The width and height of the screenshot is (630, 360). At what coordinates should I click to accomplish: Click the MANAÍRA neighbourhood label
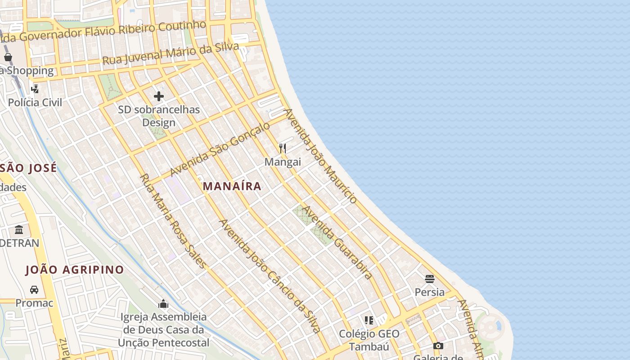coord(232,186)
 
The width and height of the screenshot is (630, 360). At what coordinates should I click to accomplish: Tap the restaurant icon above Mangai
coord(283,148)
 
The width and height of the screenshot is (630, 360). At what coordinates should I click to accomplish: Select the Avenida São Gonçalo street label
coord(220,149)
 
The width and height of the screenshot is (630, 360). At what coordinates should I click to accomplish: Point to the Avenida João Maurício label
coord(320,155)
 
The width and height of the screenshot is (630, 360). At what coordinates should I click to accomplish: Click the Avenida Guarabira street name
coord(337,243)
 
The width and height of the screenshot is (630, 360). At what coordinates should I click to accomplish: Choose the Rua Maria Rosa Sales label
coord(173,221)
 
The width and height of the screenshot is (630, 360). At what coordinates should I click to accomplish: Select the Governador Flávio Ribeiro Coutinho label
coord(108,31)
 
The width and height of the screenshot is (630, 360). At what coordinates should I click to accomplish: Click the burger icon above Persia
coord(430,279)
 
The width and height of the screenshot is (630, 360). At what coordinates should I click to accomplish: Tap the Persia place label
coord(430,292)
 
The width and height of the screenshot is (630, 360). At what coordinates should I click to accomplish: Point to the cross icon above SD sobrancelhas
coord(159,96)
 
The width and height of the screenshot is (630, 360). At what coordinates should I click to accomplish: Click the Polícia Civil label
coord(35,102)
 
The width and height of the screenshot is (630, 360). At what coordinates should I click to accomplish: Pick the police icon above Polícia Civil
coord(35,89)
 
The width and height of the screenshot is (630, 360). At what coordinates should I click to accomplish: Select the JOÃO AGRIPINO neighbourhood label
coord(75,270)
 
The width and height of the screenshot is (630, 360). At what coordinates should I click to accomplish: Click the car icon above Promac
coord(34,289)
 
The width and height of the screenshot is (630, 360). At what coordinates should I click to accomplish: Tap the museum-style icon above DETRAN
coord(19,229)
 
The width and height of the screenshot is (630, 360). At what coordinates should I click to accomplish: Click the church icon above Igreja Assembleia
coord(163,304)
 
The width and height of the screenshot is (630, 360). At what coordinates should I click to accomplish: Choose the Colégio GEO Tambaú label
coord(369,340)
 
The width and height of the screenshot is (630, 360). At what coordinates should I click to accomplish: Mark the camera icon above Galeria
coord(438,346)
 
